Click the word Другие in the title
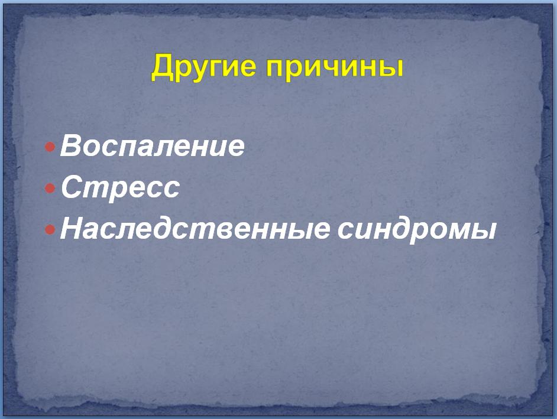point(203,67)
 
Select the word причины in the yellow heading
point(335,67)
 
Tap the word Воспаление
point(153,145)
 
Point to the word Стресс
point(120,187)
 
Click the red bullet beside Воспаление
point(50,147)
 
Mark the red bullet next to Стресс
point(50,188)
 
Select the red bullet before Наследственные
point(50,230)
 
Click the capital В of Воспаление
point(72,145)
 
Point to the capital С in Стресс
point(72,187)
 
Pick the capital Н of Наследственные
point(73,228)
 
